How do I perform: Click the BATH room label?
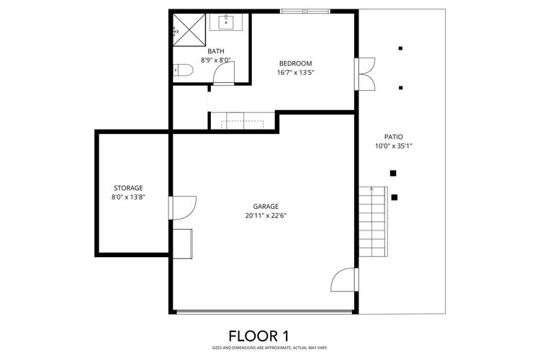pyautogui.click(x=215, y=51)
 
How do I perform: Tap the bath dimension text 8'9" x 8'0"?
pyautogui.click(x=215, y=60)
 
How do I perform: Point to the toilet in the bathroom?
pyautogui.click(x=184, y=71)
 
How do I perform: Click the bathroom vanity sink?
pyautogui.click(x=229, y=22)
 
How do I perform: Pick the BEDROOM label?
pyautogui.click(x=295, y=63)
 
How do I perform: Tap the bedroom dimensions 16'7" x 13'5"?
pyautogui.click(x=295, y=73)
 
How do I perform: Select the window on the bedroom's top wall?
pyautogui.click(x=305, y=12)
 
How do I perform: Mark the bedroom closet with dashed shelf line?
pyautogui.click(x=243, y=121)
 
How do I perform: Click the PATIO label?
pyautogui.click(x=393, y=136)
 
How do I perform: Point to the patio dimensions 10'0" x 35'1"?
pyautogui.click(x=393, y=145)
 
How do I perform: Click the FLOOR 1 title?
pyautogui.click(x=269, y=336)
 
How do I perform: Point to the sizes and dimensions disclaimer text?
pyautogui.click(x=269, y=348)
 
